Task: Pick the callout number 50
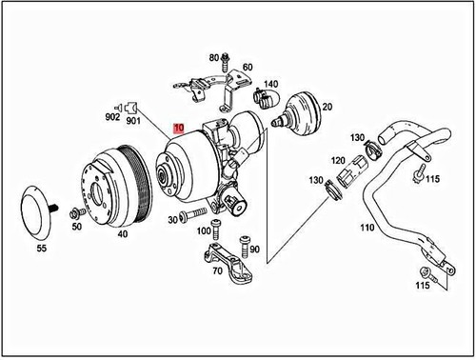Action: pyautogui.click(x=76, y=227)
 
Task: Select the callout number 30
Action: pyautogui.click(x=173, y=219)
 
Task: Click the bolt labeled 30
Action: pyautogui.click(x=195, y=213)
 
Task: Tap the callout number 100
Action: pyautogui.click(x=205, y=231)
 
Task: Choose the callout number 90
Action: pyautogui.click(x=255, y=250)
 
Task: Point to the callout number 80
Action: pyautogui.click(x=213, y=58)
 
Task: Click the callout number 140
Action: pyautogui.click(x=271, y=84)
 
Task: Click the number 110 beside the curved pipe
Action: pyautogui.click(x=367, y=229)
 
